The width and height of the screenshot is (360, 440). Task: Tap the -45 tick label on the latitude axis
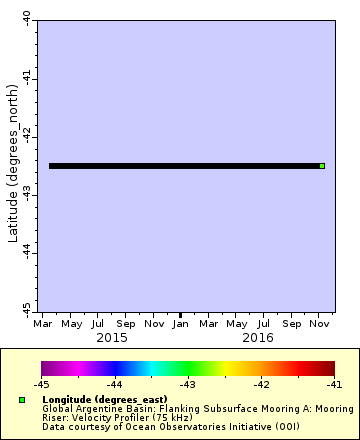point(26,310)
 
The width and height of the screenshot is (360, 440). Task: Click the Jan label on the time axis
point(180,324)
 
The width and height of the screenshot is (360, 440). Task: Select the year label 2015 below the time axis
point(111,338)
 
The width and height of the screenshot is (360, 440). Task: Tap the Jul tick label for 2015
point(97,324)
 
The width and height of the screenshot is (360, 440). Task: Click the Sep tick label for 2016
point(291,324)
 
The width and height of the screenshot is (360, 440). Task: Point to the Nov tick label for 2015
point(153,324)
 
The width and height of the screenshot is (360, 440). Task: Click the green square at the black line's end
point(322,166)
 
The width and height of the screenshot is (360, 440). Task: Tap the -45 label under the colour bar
point(41,384)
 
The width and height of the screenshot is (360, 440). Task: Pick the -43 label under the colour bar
point(187,384)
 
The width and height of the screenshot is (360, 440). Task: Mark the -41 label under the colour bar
point(333,384)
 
